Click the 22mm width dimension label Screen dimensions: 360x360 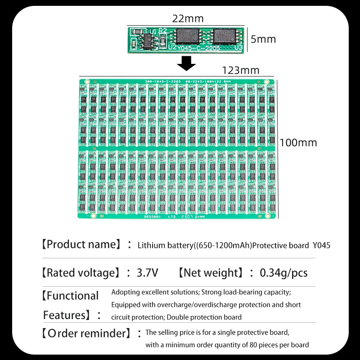pos(188,19)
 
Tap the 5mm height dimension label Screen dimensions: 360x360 pos(263,39)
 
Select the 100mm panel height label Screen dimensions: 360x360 pos(298,143)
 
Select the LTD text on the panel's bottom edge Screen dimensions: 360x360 pos(172,216)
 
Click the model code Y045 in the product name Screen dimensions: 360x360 pos(322,246)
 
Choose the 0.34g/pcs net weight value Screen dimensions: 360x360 pos(284,273)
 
